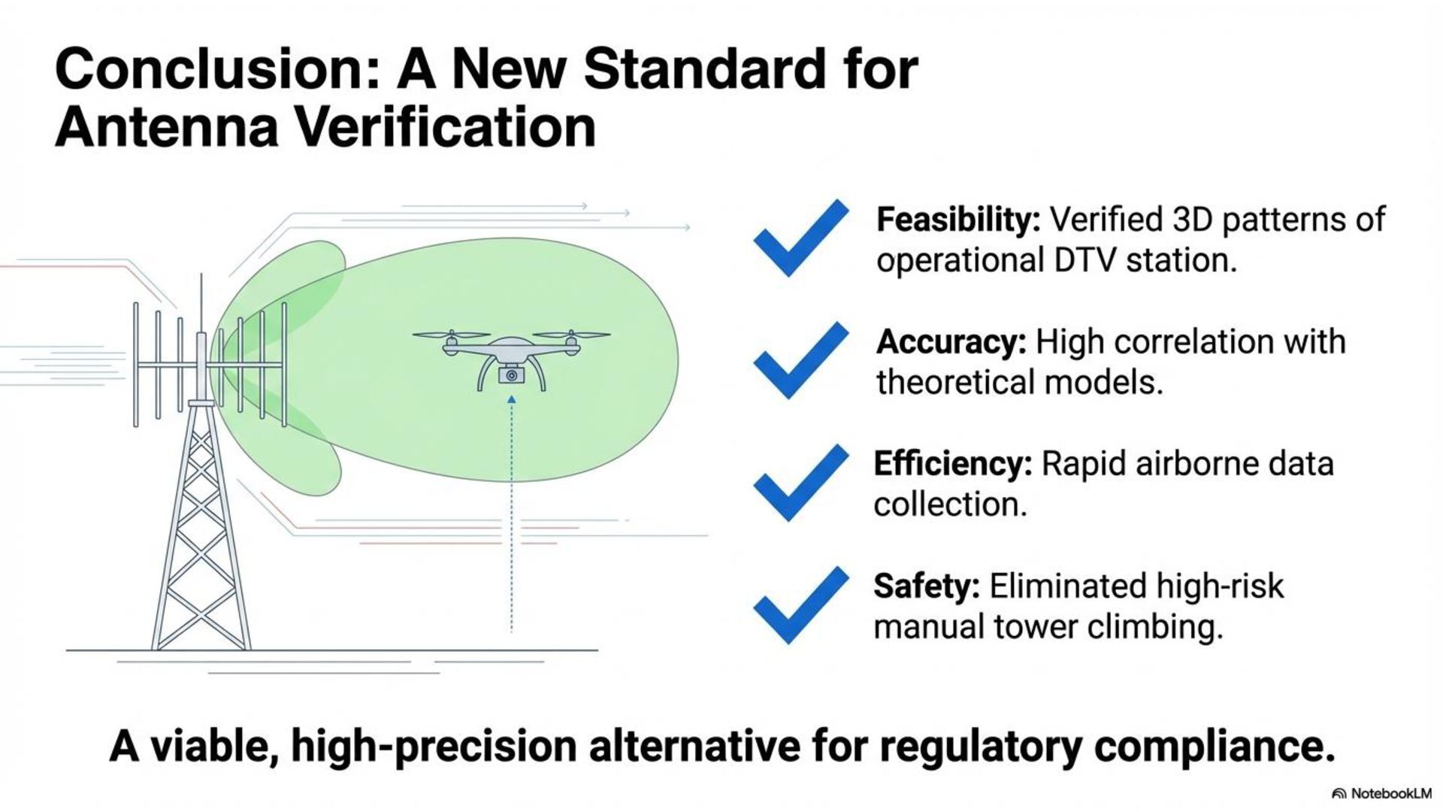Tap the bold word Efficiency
[x=952, y=464]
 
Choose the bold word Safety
[x=926, y=586]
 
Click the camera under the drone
[x=511, y=374]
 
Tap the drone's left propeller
[x=451, y=335]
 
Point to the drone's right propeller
[x=571, y=335]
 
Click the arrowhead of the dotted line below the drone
[x=511, y=401]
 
